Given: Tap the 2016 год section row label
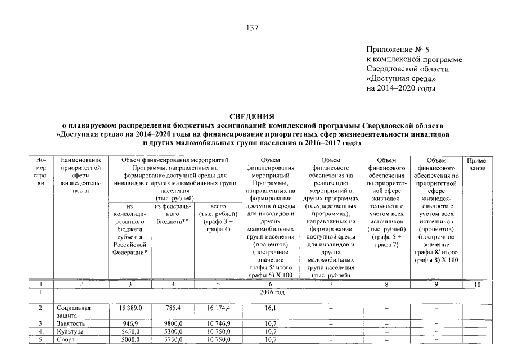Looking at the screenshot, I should coord(272,293).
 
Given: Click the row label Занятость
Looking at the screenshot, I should coord(70,324).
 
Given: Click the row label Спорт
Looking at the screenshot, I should coord(66,340).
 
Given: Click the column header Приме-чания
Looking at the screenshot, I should coord(476,164).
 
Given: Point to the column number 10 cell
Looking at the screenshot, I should coord(477,285).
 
